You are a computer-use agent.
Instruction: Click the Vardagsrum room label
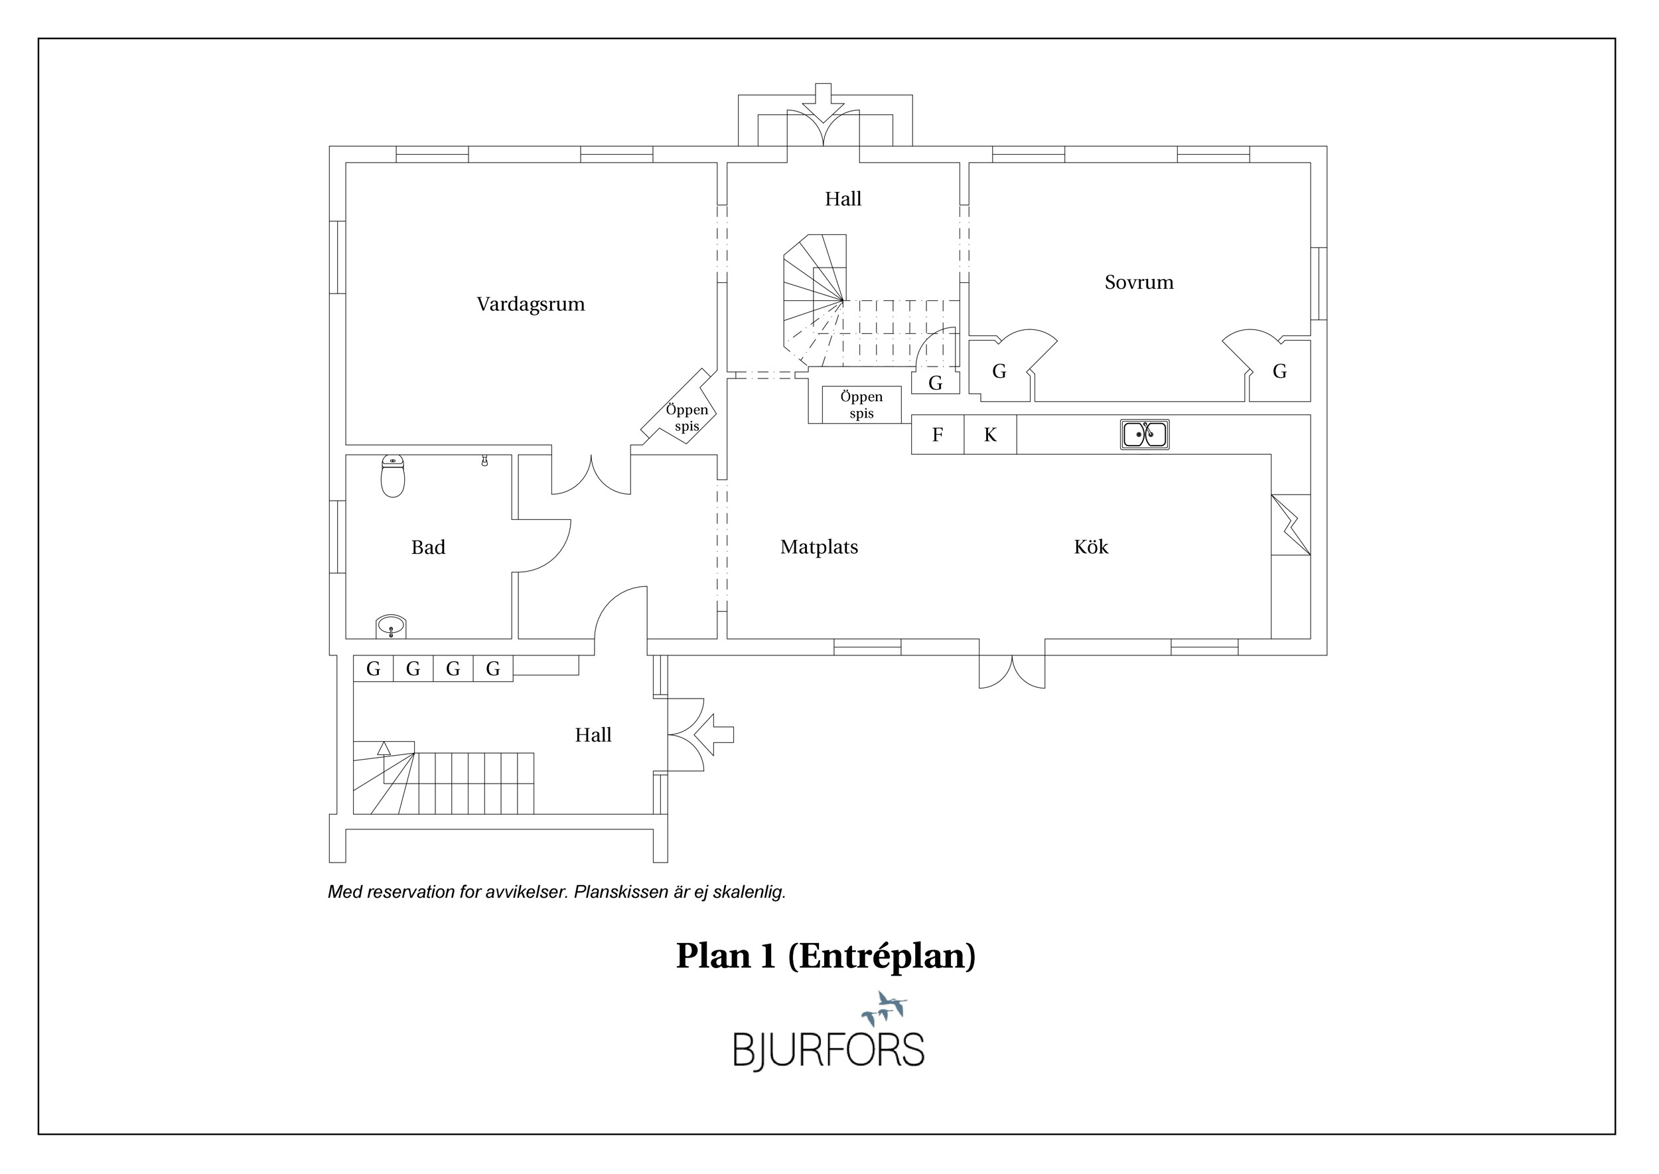(530, 304)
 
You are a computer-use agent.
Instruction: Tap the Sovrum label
(1139, 282)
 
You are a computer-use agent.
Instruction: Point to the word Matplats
(819, 547)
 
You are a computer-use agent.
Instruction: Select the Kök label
(1090, 546)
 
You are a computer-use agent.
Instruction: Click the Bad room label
(428, 547)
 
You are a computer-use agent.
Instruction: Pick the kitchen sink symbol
(1145, 434)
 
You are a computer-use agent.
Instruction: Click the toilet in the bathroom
(392, 476)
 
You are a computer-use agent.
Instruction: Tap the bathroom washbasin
(391, 627)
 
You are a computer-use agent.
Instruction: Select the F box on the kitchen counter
(937, 434)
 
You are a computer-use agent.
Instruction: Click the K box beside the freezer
(990, 434)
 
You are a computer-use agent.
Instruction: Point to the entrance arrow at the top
(822, 104)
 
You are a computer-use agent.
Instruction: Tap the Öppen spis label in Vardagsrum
(686, 418)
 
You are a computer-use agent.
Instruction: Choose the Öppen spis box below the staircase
(861, 405)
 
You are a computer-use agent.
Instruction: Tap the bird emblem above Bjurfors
(885, 1008)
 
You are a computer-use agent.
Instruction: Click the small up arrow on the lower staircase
(384, 749)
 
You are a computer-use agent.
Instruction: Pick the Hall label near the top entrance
(843, 199)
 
